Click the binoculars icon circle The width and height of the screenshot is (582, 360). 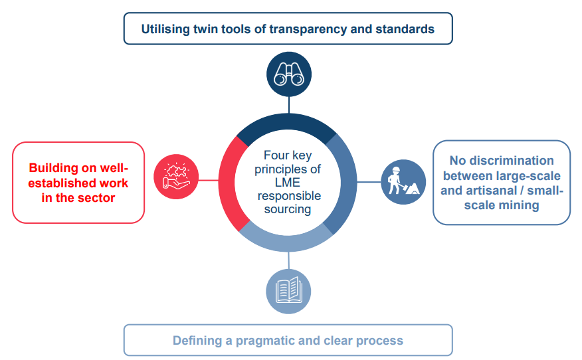point(289,74)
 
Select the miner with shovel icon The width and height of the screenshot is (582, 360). point(403,182)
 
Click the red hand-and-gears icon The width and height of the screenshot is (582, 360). point(176,177)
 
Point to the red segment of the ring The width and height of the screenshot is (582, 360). point(227,183)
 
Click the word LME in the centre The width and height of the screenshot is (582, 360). point(287,182)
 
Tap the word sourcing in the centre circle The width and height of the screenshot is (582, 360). point(288,209)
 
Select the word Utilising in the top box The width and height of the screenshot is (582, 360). point(165,29)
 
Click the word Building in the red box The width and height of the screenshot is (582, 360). point(53,168)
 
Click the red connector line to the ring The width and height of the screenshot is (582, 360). point(209,181)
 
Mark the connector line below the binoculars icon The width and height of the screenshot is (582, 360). point(289,105)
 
